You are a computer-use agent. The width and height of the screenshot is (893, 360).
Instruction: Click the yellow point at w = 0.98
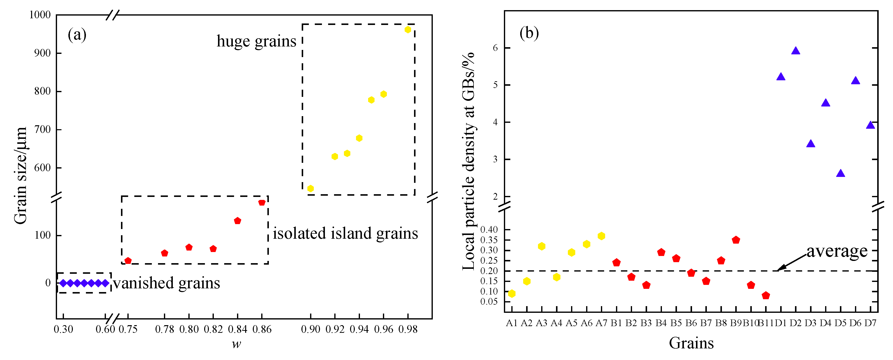(x=408, y=29)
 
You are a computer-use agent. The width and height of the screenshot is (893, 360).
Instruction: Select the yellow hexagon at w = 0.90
(x=310, y=188)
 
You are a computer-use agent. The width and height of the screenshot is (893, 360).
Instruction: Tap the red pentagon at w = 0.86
(x=262, y=202)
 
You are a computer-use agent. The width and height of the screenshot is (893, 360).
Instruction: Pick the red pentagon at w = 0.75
(x=128, y=260)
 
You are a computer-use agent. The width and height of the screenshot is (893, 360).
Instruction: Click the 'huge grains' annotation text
(x=256, y=41)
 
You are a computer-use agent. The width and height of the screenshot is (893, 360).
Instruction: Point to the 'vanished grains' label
(x=166, y=283)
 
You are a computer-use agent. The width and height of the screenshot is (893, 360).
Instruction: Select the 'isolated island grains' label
(x=345, y=233)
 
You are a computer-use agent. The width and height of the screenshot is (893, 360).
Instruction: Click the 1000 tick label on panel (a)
(x=40, y=15)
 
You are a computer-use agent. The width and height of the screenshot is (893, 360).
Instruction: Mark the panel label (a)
(x=77, y=35)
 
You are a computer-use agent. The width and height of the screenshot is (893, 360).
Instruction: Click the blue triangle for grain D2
(x=795, y=51)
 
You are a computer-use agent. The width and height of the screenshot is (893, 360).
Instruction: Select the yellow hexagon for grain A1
(x=511, y=293)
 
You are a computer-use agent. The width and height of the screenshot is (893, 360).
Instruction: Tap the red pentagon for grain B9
(x=736, y=240)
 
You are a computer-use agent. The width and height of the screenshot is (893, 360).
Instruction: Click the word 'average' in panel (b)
(x=837, y=251)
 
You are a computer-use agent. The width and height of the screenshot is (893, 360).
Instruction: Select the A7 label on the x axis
(x=601, y=323)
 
